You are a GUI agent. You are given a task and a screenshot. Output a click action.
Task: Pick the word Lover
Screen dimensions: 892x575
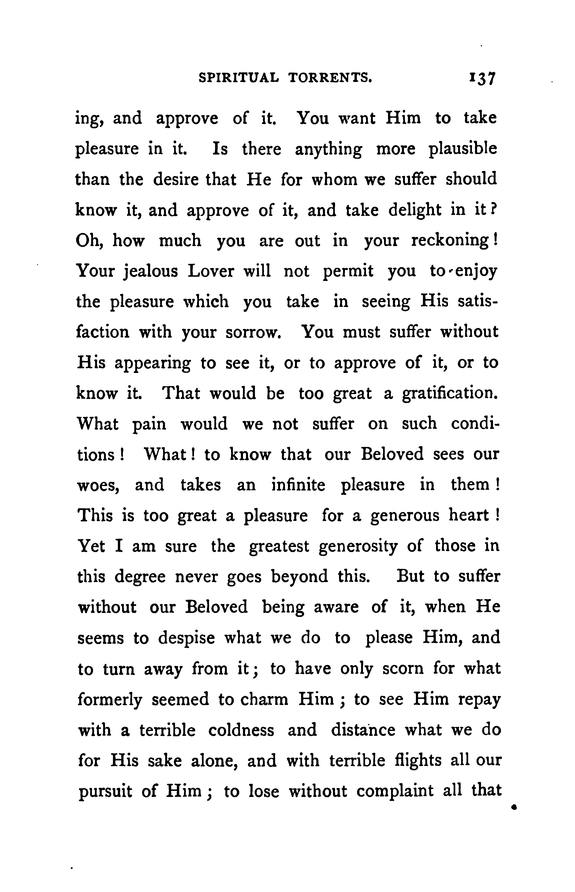[x=211, y=271]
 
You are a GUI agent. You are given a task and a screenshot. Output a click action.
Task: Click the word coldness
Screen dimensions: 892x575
[x=241, y=730]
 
